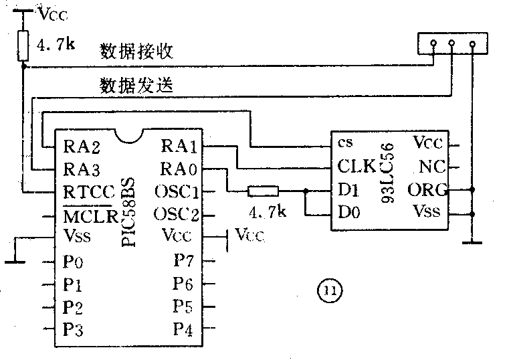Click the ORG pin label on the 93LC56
tap(427, 189)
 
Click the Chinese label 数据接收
tap(128, 52)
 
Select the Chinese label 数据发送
tap(128, 86)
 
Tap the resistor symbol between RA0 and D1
tap(260, 192)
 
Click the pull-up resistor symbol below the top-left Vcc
tap(23, 46)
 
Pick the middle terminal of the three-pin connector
tap(451, 45)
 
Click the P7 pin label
tap(183, 260)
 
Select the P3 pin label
tap(74, 329)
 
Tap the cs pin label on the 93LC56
tap(345, 143)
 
